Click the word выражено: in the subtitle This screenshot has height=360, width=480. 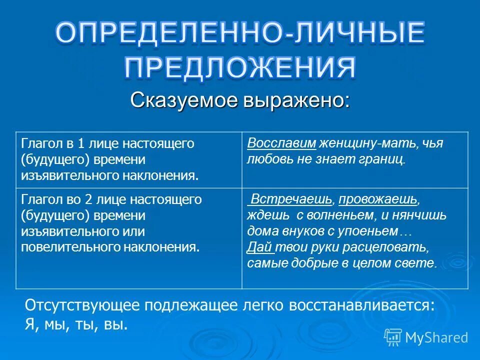tap(296, 100)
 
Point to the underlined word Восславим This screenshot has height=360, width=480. tap(281, 143)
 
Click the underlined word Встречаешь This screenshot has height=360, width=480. tap(291, 199)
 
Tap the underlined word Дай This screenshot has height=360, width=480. tap(255, 247)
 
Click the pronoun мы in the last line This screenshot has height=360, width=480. tap(51, 324)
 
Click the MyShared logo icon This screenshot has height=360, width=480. tap(393, 337)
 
